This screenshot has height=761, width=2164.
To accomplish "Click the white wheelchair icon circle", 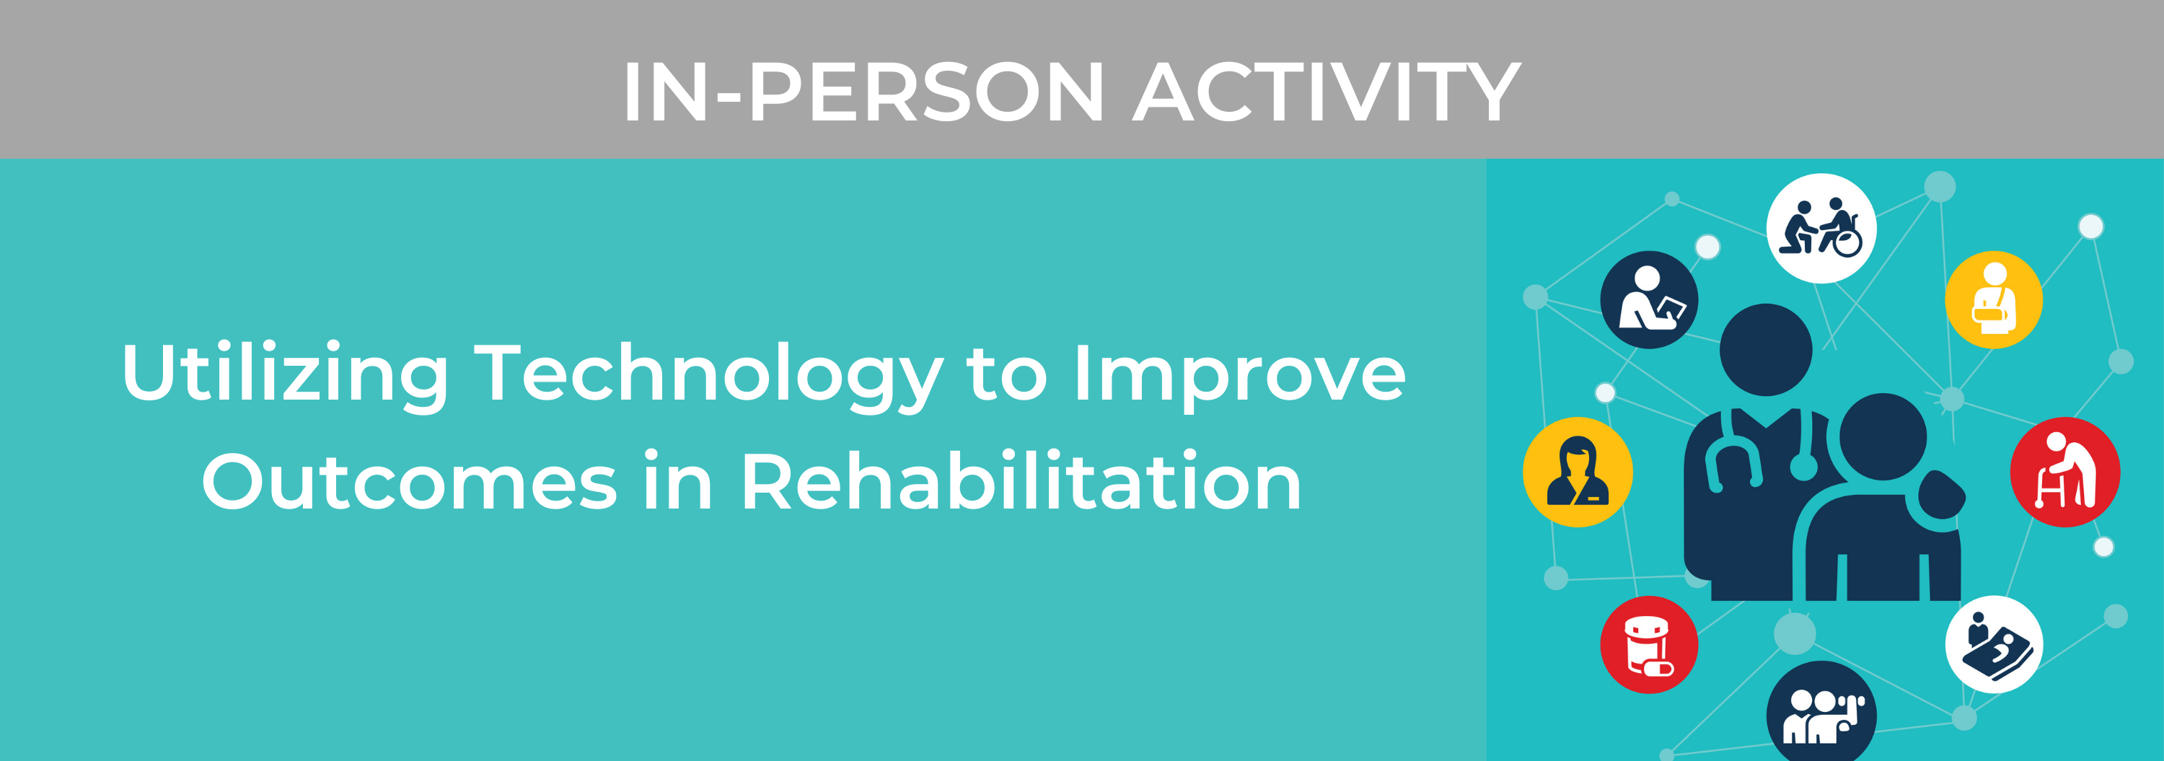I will click(x=1821, y=229).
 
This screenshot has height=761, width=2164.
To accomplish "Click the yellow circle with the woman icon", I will click(x=1577, y=472).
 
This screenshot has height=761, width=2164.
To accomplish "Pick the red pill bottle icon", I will click(x=1648, y=644).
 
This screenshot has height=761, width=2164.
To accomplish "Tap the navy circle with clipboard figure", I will click(x=1648, y=300).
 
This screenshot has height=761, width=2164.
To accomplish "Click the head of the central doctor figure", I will click(x=1765, y=349).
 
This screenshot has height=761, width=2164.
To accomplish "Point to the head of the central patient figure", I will click(x=1883, y=437).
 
